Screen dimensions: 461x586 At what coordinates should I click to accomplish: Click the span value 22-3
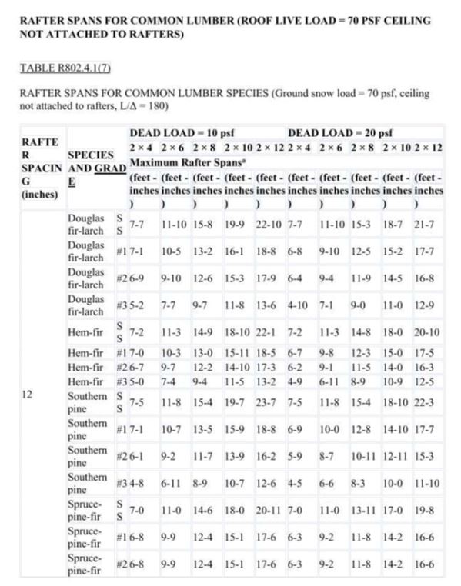pos(428,402)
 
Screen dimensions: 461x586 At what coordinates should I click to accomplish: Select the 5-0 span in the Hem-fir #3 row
pos(136,381)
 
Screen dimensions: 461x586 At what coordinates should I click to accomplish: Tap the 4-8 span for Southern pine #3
pos(136,482)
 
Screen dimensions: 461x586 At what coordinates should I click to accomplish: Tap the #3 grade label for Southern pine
pos(121,482)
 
